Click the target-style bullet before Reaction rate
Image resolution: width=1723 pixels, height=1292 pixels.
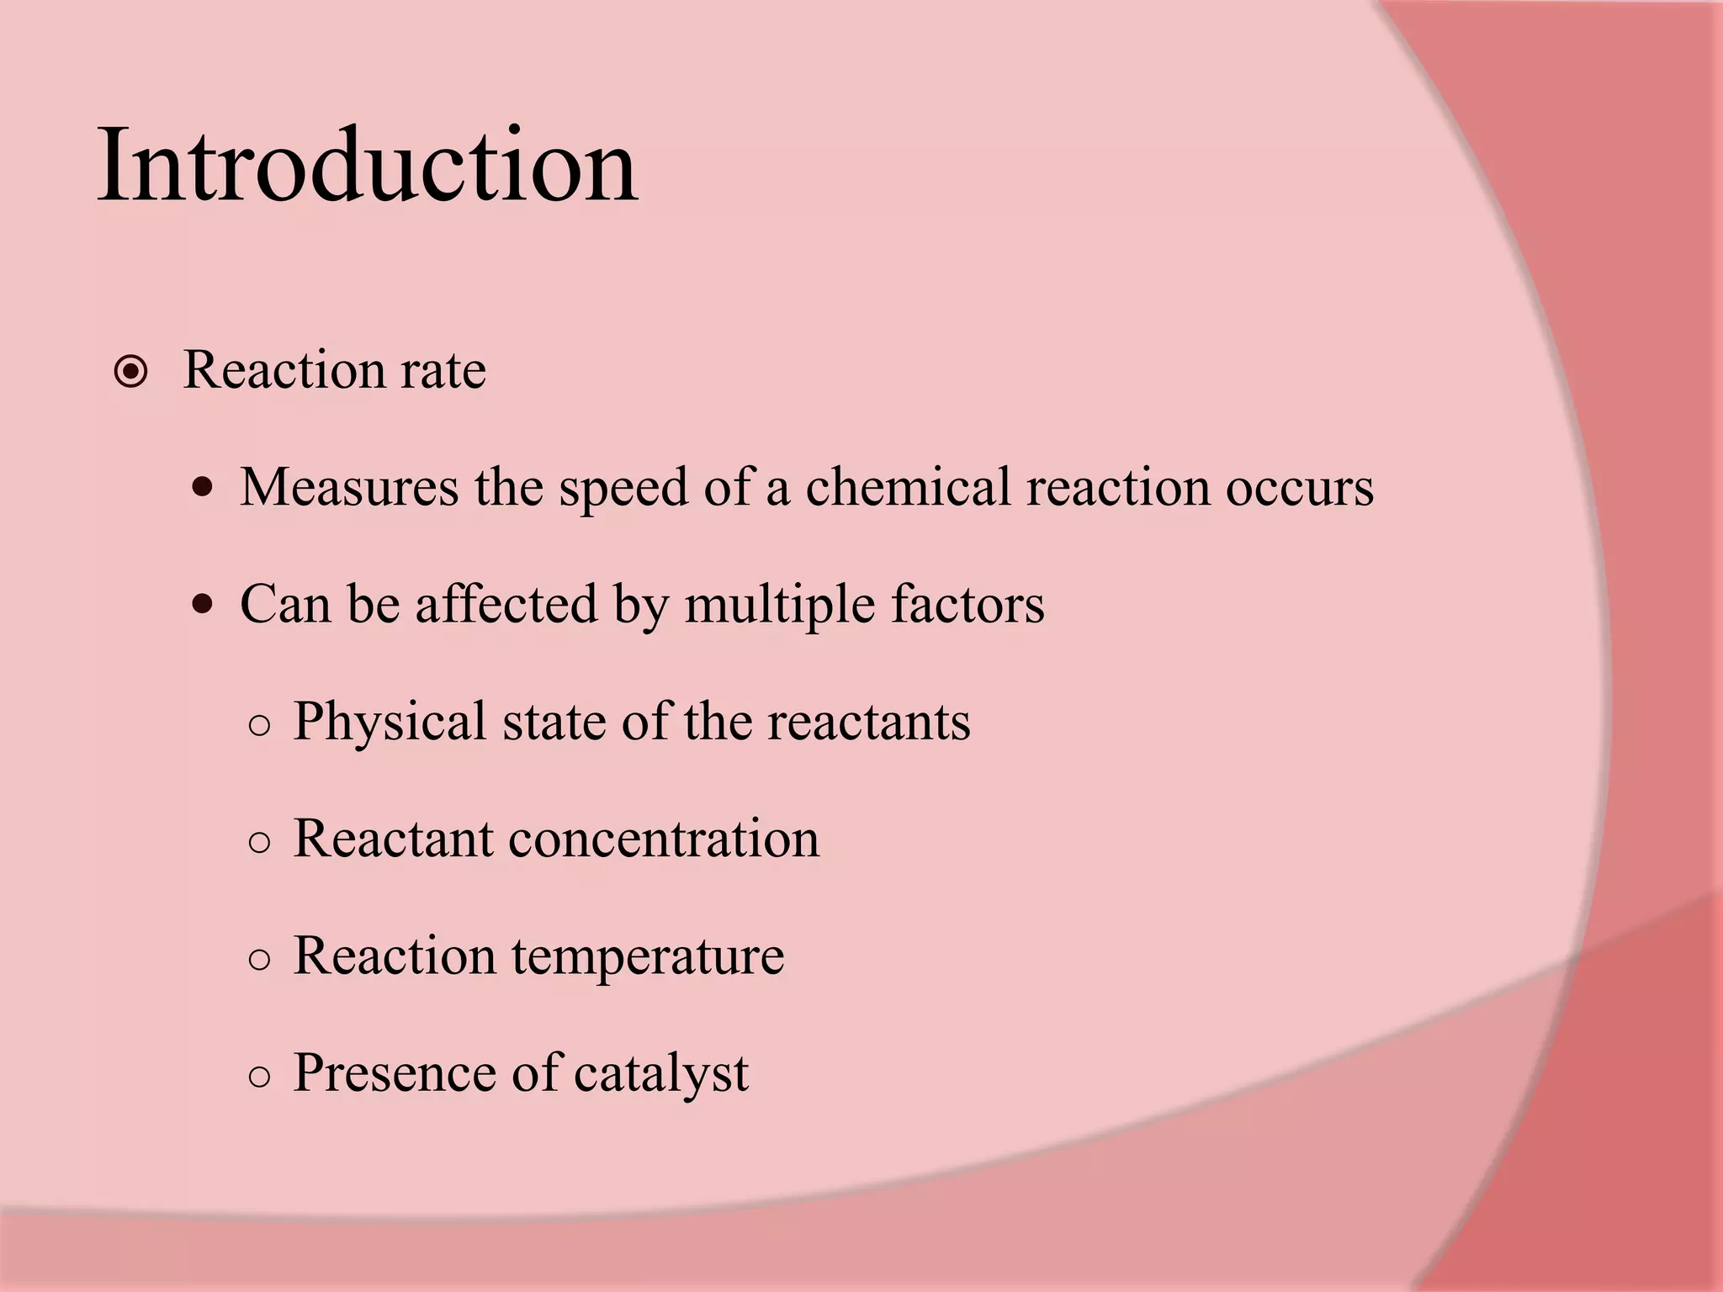point(131,372)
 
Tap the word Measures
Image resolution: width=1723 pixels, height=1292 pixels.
point(349,487)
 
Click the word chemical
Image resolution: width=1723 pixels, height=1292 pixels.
point(908,487)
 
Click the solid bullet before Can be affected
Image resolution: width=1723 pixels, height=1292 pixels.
point(202,604)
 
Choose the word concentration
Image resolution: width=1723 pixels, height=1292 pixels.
point(663,839)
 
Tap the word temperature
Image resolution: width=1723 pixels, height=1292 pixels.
point(648,957)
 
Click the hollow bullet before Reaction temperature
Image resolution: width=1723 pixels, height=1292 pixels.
point(260,960)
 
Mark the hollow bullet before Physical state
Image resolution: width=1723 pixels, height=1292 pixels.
point(260,725)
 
